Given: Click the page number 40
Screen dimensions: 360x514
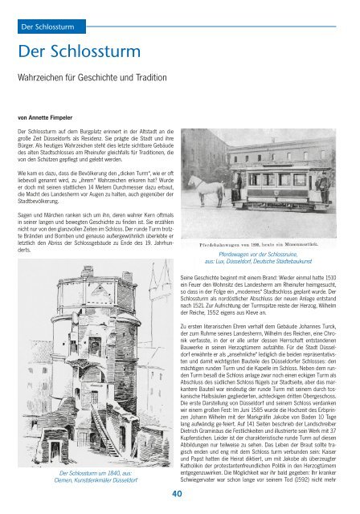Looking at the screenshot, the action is [180, 496].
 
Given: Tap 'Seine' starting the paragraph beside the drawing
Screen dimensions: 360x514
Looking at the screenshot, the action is [190, 277].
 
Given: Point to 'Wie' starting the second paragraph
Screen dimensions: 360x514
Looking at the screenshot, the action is [25, 172].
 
